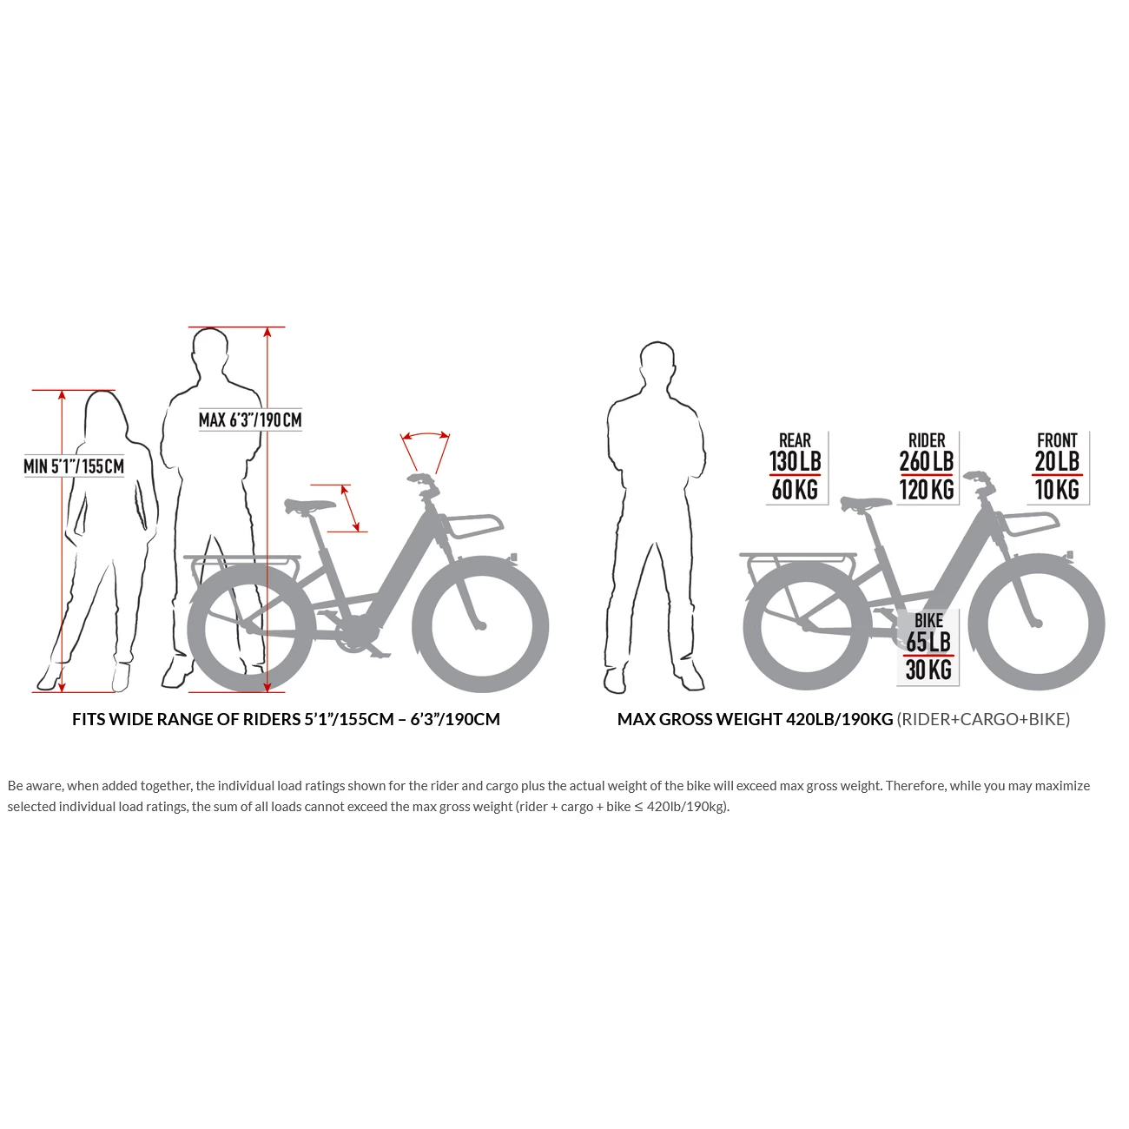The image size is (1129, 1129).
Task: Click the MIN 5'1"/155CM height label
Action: click(74, 466)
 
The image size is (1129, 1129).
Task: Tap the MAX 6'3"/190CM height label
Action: click(250, 420)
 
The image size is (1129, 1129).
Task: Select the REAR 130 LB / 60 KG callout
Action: click(796, 467)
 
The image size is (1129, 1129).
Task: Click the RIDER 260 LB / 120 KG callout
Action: click(927, 467)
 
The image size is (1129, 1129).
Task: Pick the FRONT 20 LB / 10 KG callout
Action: click(1057, 467)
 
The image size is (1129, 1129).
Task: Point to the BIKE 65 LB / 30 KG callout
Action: click(928, 646)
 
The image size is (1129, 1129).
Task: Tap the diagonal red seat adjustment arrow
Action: click(350, 508)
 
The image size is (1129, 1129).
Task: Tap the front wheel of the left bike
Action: click(480, 624)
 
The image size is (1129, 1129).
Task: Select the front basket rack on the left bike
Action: click(473, 525)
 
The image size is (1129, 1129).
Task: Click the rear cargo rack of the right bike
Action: click(797, 556)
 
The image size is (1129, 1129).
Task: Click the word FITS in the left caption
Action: click(88, 719)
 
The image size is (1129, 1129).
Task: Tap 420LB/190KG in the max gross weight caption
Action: click(839, 719)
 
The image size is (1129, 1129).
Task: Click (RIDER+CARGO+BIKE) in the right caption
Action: click(983, 719)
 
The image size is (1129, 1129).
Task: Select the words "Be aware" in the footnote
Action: click(35, 786)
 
